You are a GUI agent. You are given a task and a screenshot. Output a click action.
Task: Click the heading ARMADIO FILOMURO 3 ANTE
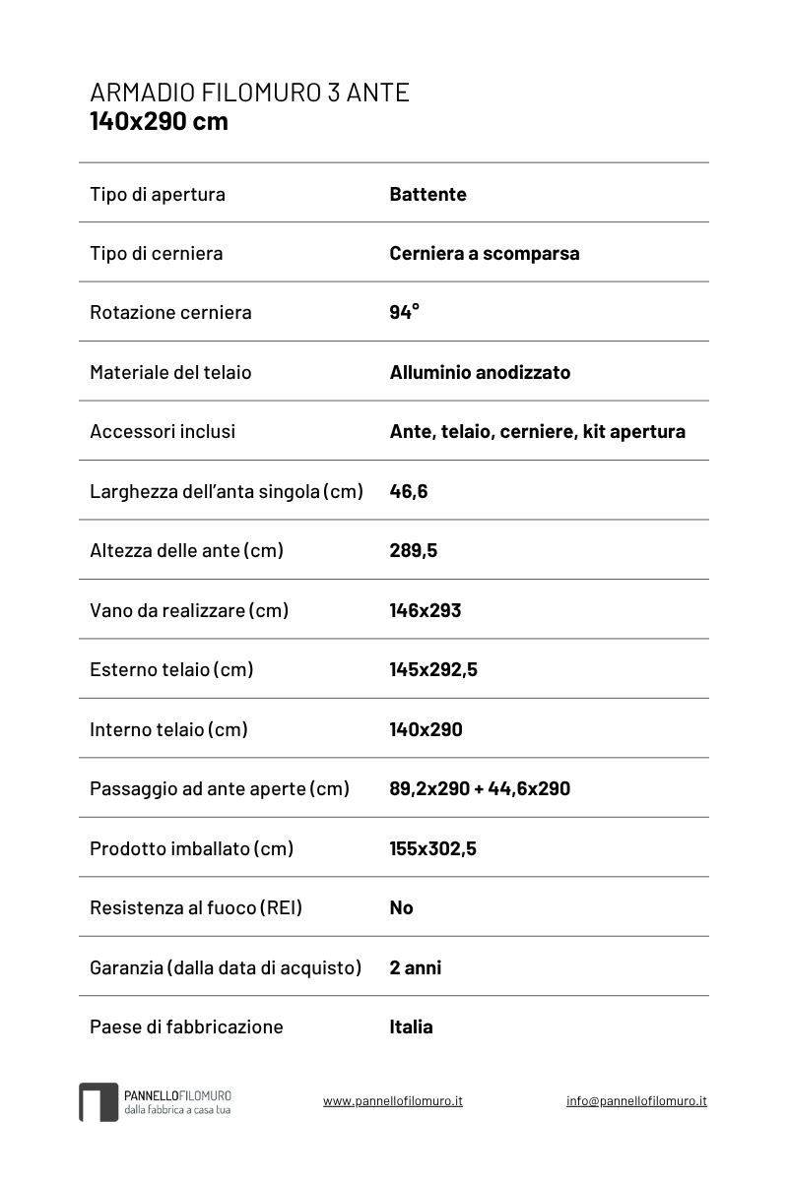(x=249, y=93)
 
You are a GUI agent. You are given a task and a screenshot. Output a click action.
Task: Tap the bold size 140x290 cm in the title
(x=159, y=121)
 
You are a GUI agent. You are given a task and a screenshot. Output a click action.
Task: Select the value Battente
(x=427, y=194)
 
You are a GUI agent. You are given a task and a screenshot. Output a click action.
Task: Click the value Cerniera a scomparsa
(x=484, y=253)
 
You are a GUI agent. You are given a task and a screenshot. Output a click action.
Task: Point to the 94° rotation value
(x=404, y=312)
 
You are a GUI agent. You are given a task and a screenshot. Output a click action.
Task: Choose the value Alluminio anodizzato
(x=480, y=372)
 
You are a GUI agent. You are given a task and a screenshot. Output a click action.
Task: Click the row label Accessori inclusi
(x=163, y=431)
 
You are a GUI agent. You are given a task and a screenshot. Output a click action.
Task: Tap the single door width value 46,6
(x=408, y=491)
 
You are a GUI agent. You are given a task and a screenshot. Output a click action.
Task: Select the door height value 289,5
(x=413, y=550)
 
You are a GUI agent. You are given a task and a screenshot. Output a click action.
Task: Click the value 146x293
(x=425, y=610)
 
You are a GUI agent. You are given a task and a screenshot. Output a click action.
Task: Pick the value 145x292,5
(x=433, y=669)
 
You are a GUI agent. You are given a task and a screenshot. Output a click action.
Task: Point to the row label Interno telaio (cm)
(x=168, y=729)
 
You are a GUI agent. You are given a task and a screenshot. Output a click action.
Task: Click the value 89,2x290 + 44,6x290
(x=480, y=788)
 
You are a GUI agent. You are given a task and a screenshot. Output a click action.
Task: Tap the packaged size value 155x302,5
(x=432, y=848)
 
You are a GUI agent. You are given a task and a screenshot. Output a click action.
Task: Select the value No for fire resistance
(x=401, y=907)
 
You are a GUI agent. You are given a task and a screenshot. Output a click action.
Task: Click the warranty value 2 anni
(x=415, y=967)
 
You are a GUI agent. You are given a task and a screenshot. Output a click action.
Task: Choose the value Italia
(x=411, y=1026)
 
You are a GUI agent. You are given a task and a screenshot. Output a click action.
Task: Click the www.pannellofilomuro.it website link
(x=393, y=1101)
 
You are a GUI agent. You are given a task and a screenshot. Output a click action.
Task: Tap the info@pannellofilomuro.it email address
(x=636, y=1101)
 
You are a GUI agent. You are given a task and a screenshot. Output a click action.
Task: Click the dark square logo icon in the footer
(x=98, y=1102)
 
